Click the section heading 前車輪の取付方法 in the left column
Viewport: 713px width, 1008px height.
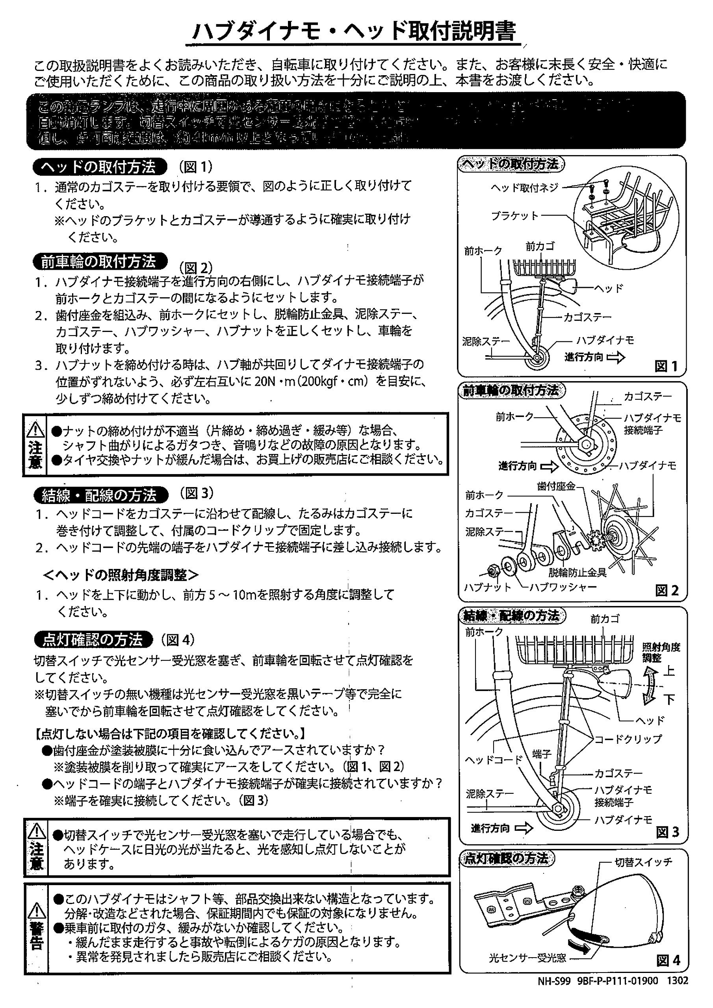[x=100, y=262]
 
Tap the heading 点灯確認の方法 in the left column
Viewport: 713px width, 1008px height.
[x=93, y=640]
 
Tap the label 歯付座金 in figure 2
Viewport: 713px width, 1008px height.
[x=556, y=486]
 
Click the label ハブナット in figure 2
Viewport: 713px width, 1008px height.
[x=488, y=587]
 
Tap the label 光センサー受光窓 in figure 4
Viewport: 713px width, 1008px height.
[x=527, y=958]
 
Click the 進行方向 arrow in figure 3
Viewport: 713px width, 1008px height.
[x=523, y=828]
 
